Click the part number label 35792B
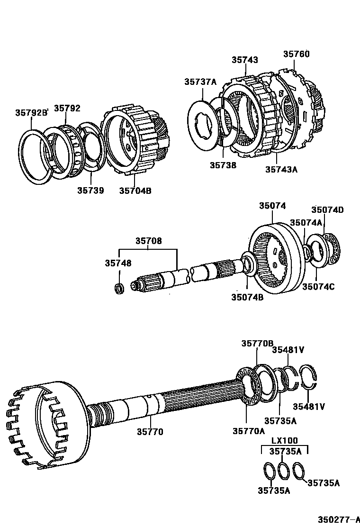coord(32,113)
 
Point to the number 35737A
coord(200,82)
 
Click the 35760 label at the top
coord(297,54)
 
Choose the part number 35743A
coord(281,169)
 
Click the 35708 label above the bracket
coord(148,241)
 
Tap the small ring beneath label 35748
coord(120,288)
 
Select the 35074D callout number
coord(327,210)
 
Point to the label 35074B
coord(247,297)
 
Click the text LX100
coord(285,440)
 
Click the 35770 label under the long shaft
coord(150,431)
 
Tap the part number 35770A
coord(249,431)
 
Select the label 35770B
coord(258,344)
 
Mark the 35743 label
coord(245,60)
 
